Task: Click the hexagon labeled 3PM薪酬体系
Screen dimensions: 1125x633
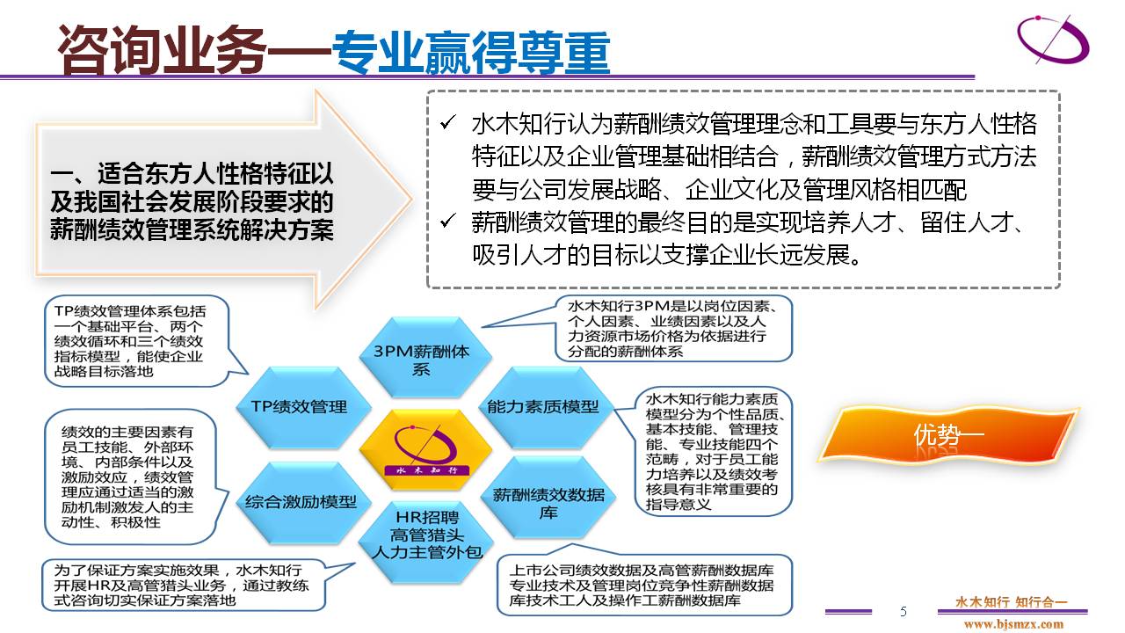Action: point(425,358)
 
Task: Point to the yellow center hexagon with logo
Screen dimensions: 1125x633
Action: point(425,450)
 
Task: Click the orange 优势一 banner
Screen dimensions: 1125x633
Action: point(947,435)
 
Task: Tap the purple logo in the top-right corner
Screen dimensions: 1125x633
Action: point(1053,40)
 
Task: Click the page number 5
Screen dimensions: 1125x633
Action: point(904,611)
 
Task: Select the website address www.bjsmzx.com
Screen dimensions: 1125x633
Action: point(1013,624)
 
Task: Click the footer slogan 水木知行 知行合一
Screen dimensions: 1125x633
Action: point(1011,601)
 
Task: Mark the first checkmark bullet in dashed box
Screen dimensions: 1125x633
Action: point(448,122)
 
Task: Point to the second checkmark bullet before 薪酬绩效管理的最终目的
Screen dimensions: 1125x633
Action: point(448,221)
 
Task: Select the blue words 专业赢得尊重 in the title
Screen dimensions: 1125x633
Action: point(471,52)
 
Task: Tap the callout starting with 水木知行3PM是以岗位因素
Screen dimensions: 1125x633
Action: point(673,329)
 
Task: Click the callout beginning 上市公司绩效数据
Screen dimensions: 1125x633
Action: point(645,579)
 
